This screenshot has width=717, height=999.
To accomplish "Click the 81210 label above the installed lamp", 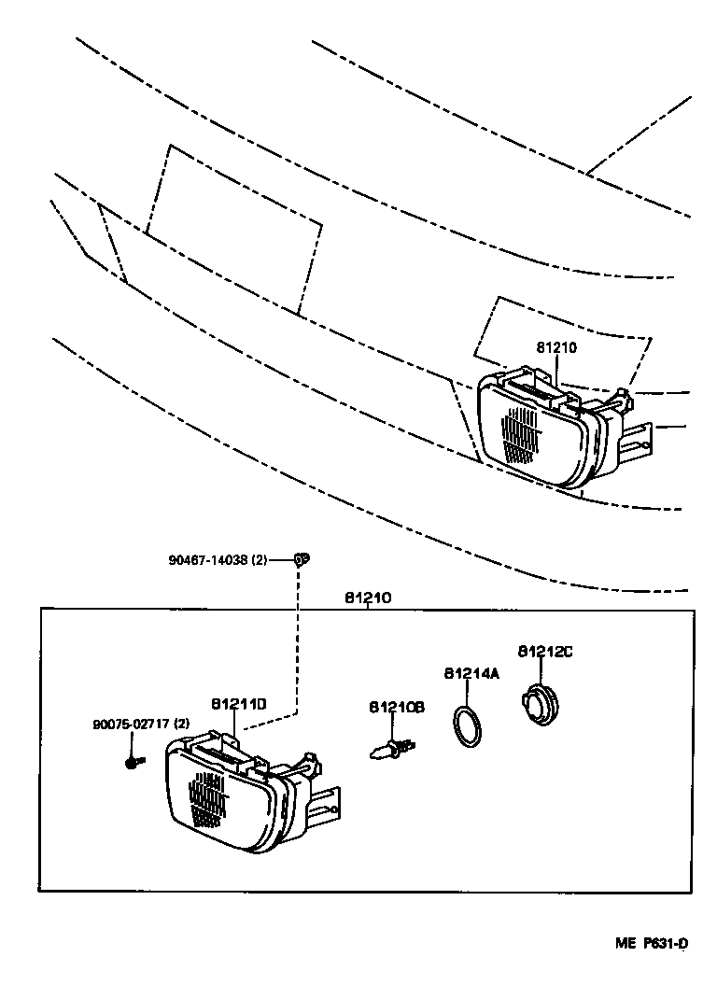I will point(557,347).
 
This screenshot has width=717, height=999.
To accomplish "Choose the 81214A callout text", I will point(471,672).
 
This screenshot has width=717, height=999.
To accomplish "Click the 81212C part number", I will point(544,651).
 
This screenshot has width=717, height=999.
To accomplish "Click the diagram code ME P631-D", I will point(651,943).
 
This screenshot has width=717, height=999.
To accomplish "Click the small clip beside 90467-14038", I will point(300,559).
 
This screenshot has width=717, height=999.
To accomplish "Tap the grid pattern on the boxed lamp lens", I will point(207,799).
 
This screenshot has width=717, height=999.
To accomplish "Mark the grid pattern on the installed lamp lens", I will point(521,434).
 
